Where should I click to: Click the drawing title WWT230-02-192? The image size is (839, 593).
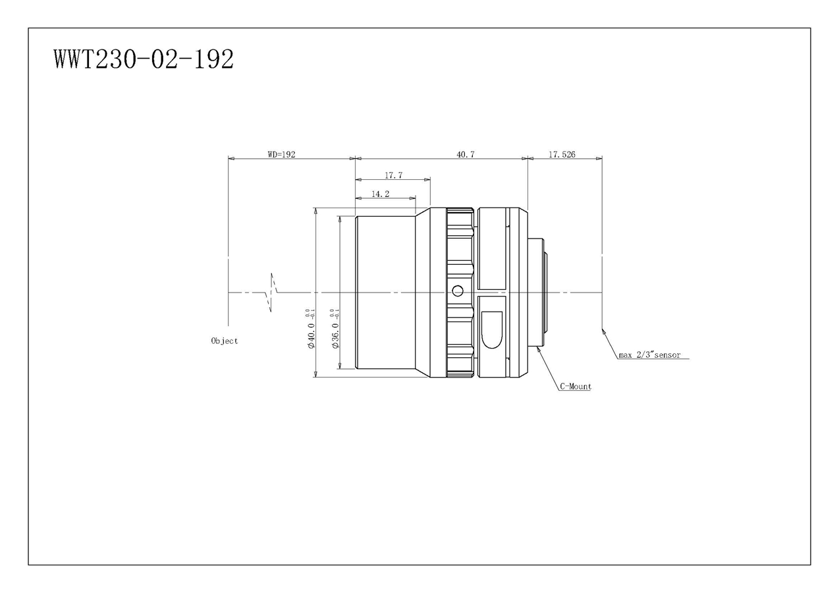click(144, 59)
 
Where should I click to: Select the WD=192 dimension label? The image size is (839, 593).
click(281, 154)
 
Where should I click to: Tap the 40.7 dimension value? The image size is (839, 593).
click(466, 154)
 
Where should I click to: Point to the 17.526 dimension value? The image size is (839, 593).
click(562, 154)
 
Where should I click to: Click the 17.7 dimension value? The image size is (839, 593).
click(394, 175)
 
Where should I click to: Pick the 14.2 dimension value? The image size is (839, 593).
click(381, 194)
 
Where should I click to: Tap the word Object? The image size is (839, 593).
click(225, 341)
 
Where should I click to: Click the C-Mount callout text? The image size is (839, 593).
click(576, 387)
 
